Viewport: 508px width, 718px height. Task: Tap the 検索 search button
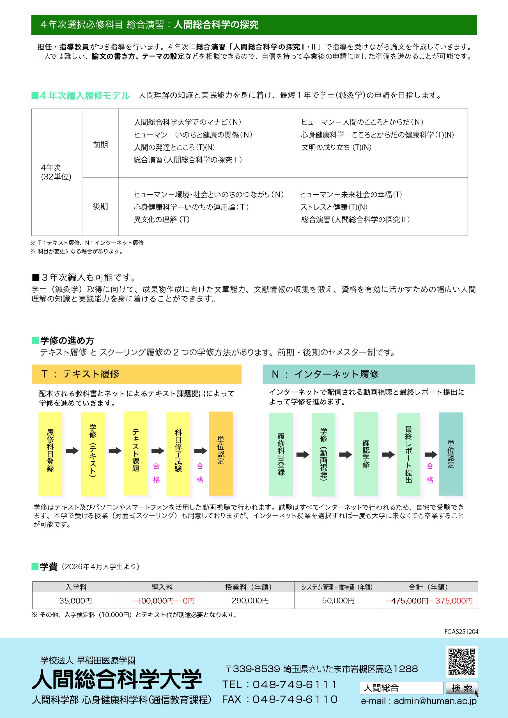pos(462,688)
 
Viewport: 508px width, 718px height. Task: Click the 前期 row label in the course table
pos(100,145)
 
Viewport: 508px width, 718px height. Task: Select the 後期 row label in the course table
pos(100,206)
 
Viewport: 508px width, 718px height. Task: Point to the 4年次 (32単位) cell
pos(56,172)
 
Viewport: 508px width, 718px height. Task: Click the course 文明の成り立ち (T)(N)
pos(336,147)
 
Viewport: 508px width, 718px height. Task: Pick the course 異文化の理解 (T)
pos(162,220)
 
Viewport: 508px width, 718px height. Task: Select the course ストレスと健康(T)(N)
pos(334,207)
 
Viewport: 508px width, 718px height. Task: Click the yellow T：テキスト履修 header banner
pos(137,374)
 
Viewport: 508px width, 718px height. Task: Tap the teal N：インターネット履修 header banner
pos(369,374)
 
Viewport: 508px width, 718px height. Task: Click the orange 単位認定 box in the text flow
pos(221,453)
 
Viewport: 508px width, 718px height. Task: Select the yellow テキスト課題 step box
pos(135,453)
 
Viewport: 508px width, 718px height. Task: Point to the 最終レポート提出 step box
pos(408,454)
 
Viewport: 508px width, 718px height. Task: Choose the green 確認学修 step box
pos(366,454)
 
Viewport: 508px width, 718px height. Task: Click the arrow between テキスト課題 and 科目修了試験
pos(158,451)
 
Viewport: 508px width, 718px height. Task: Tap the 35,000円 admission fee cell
pos(76,601)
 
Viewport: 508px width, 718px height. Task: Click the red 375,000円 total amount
pos(454,601)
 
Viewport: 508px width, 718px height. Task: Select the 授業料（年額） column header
pos(250,587)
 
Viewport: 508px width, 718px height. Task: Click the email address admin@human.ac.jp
pos(435,701)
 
